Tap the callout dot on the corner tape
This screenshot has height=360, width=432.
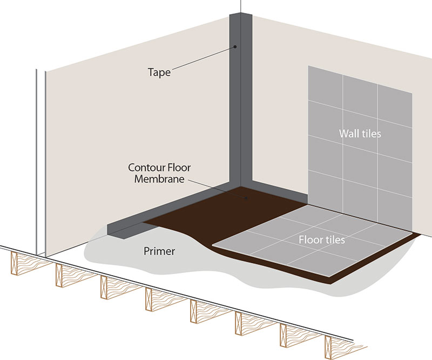tap(236, 47)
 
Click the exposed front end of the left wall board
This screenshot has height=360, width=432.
tap(41, 162)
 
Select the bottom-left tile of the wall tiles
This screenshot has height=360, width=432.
tap(325, 189)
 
